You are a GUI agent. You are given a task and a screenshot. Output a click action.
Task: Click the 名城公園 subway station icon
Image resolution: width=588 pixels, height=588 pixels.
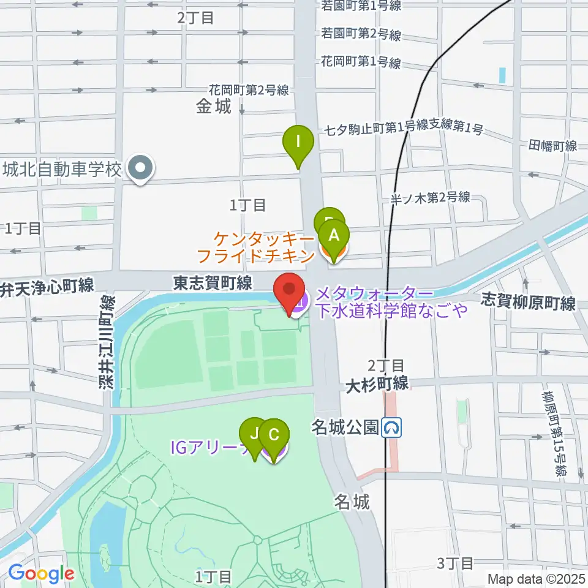click(x=392, y=428)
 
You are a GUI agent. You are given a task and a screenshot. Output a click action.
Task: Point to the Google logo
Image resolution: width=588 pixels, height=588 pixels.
click(x=41, y=574)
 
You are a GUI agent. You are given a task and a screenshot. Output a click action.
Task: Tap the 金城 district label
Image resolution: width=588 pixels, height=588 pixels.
click(x=214, y=107)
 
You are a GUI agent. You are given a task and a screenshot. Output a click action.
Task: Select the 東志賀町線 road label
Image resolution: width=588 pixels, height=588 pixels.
click(x=213, y=283)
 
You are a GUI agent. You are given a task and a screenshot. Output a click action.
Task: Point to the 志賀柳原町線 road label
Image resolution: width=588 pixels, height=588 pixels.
click(x=529, y=303)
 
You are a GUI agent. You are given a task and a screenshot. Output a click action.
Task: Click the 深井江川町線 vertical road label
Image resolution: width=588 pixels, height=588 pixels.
click(x=107, y=344)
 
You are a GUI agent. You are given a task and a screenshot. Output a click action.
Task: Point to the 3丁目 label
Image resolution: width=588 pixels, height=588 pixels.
click(x=456, y=563)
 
